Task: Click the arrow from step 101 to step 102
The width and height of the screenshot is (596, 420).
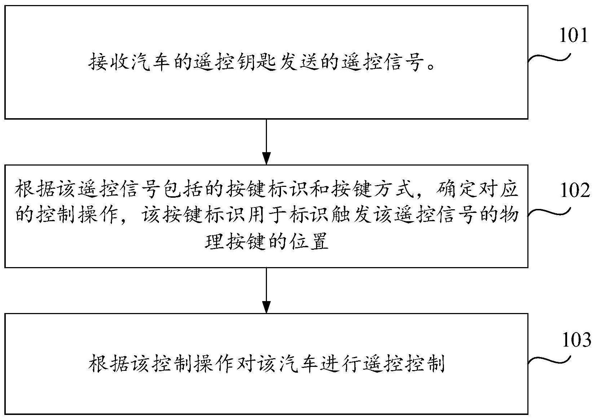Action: point(266,142)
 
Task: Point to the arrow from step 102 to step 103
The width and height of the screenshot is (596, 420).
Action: point(266,290)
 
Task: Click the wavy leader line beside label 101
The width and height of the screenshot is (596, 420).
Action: point(549,58)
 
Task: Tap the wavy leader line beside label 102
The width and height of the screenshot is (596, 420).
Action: point(549,213)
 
